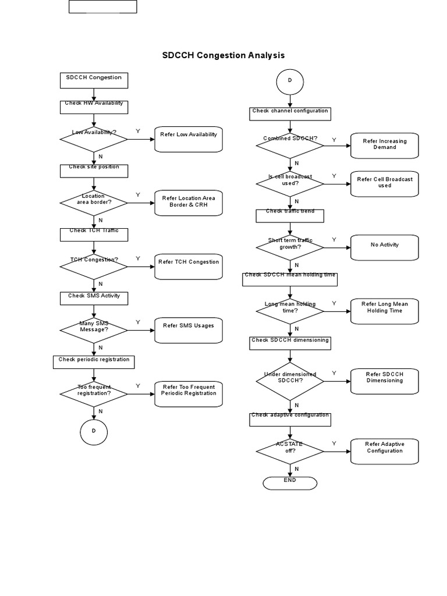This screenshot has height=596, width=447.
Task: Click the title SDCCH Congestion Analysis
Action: coord(223,55)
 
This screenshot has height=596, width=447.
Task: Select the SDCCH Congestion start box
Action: coord(94,80)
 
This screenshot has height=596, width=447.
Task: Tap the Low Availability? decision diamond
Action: coord(94,139)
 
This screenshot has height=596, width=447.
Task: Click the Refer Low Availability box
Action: coord(189,140)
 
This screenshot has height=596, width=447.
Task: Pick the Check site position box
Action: coord(94,171)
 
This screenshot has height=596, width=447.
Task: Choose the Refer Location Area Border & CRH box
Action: coord(189,203)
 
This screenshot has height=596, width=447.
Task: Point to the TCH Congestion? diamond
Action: coord(94,266)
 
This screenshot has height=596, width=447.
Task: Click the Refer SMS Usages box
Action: coord(189,330)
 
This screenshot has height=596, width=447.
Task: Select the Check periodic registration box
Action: coord(94,362)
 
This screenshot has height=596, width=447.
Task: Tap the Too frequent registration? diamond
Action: coord(94,393)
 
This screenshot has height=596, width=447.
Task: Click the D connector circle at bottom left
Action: coord(94,431)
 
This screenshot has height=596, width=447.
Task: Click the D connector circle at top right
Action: coord(289,81)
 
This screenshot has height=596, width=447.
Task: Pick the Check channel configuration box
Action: coord(290,113)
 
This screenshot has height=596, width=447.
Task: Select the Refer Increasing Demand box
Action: coord(385,145)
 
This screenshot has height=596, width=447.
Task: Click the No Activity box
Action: coord(385,247)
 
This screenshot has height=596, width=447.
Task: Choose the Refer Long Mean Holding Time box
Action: coord(385,311)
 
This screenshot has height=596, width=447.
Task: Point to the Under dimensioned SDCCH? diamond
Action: coord(290,381)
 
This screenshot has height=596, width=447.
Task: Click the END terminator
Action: coord(290,483)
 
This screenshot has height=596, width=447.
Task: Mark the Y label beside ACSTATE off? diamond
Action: coord(334,444)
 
